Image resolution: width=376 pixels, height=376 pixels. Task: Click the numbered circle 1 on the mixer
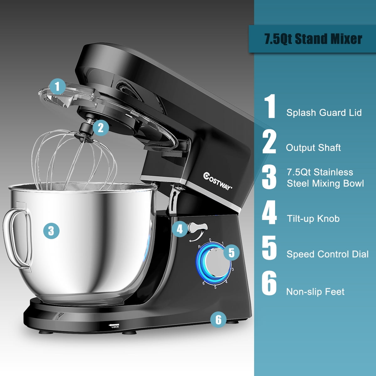(57, 86)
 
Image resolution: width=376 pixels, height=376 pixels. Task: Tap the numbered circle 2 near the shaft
(101, 128)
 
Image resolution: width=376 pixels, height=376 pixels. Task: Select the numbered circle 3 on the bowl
(51, 231)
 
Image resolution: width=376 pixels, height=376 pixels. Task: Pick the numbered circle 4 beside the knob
(180, 229)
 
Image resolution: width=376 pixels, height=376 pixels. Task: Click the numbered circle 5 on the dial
(232, 252)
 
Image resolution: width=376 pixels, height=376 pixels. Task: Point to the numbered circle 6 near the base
(218, 320)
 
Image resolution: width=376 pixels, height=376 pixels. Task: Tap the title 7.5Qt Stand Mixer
(313, 39)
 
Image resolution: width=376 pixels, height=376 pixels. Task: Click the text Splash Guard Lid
(324, 113)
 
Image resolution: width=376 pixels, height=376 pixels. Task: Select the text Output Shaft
(313, 148)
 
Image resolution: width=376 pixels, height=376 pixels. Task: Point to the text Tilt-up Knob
(313, 218)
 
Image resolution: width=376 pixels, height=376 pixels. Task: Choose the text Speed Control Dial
(327, 254)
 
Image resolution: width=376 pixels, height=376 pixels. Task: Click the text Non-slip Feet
(315, 292)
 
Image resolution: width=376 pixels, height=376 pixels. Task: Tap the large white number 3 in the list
(269, 177)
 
